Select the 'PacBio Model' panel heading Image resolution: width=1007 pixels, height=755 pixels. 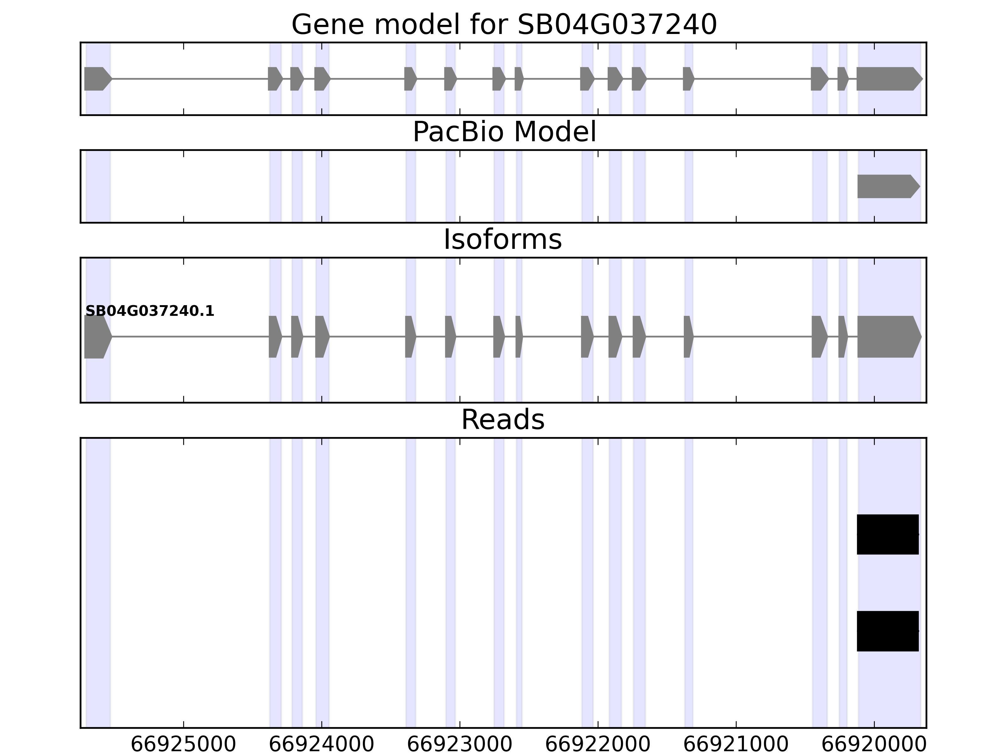pyautogui.click(x=503, y=132)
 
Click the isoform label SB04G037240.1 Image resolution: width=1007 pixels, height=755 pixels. pyautogui.click(x=149, y=311)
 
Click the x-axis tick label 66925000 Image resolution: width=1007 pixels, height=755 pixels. pyautogui.click(x=183, y=745)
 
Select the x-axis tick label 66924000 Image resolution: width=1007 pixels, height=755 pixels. pyautogui.click(x=321, y=745)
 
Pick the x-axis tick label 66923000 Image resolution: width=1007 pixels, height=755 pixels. pyautogui.click(x=459, y=745)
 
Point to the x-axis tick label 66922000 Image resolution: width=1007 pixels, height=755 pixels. pyautogui.click(x=597, y=745)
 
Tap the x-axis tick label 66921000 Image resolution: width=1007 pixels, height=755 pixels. pyautogui.click(x=736, y=745)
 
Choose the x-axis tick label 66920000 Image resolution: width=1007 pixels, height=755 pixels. pyautogui.click(x=874, y=745)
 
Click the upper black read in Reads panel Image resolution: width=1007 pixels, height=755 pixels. pyautogui.click(x=887, y=534)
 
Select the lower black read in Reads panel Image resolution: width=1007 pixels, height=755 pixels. pyautogui.click(x=887, y=631)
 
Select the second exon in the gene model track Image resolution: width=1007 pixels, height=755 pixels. pyautogui.click(x=274, y=79)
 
